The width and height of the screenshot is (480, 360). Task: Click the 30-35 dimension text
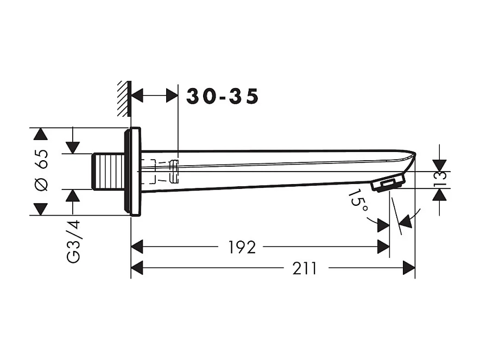(x=223, y=97)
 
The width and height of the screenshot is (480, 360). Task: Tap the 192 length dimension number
(x=242, y=248)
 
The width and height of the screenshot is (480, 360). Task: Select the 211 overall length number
(x=305, y=268)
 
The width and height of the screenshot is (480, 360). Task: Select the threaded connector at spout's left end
(x=108, y=171)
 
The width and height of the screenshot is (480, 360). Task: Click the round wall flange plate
(x=133, y=171)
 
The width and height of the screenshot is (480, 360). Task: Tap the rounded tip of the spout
(x=411, y=158)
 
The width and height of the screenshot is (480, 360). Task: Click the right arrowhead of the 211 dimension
(x=408, y=268)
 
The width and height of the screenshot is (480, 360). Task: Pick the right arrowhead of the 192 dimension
(x=383, y=247)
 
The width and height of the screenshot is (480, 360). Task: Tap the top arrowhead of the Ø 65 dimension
(x=38, y=135)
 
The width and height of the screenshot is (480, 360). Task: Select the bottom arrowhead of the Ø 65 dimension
(x=38, y=209)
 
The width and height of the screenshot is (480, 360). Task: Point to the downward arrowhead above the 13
(x=439, y=165)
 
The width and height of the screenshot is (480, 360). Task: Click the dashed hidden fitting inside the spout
(x=163, y=171)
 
